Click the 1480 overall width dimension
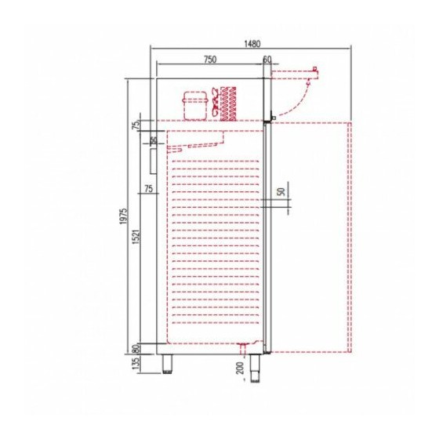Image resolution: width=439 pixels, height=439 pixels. click(252, 44)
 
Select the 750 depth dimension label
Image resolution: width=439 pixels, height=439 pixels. click(210, 60)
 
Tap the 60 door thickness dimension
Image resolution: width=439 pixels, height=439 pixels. click(267, 60)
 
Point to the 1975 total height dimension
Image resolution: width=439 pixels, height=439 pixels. click(124, 216)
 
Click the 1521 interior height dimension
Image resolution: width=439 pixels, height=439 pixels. click(136, 237)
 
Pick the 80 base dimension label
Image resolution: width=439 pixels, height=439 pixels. click(136, 349)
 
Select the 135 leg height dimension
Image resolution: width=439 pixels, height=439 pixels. click(136, 364)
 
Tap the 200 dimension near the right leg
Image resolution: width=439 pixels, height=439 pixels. click(241, 368)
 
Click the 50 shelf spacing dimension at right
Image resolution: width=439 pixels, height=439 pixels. click(281, 191)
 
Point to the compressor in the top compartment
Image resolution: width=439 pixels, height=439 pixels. click(196, 105)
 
